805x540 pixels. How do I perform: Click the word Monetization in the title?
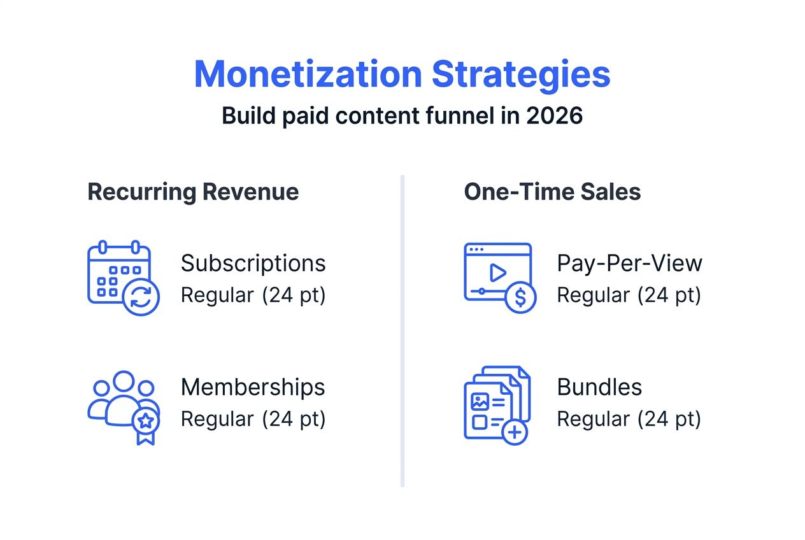[x=308, y=75]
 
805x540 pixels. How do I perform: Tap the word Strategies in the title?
[x=521, y=75]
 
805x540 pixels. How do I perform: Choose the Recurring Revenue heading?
[x=193, y=192]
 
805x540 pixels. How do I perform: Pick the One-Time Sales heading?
[x=552, y=192]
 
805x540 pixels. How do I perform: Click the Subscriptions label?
[x=253, y=263]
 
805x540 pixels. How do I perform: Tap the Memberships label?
[x=253, y=387]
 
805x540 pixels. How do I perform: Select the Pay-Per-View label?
[x=629, y=263]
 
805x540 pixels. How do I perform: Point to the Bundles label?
[x=599, y=387]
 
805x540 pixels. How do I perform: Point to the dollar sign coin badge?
[x=520, y=297]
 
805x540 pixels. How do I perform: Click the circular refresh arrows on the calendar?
[x=141, y=297]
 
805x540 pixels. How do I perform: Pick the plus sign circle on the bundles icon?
[x=515, y=432]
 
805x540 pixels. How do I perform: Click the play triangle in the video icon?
[x=497, y=273]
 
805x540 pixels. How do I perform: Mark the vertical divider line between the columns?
[x=402, y=331]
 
